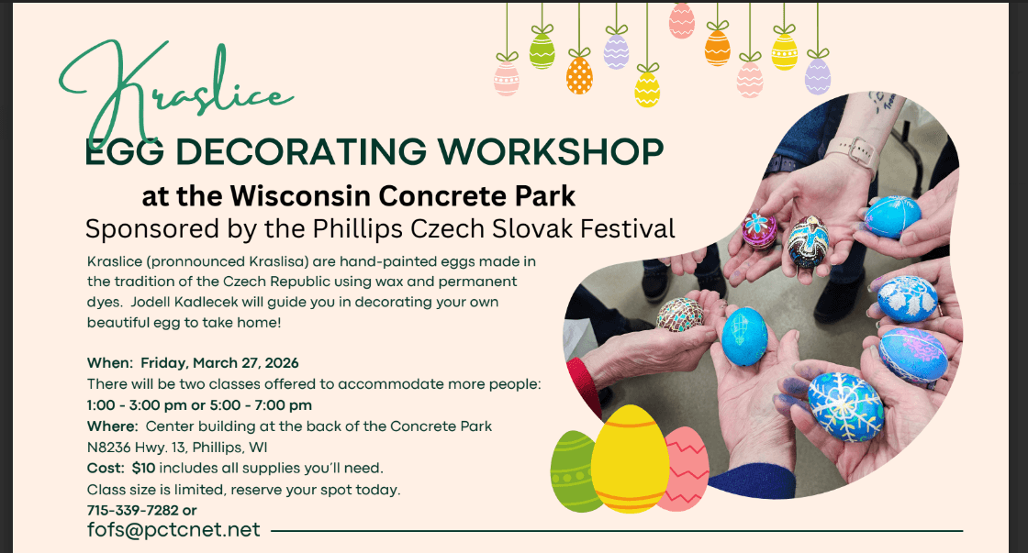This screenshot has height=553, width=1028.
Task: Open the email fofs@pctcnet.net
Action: tap(173, 530)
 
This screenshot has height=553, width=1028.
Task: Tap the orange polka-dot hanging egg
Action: tap(579, 75)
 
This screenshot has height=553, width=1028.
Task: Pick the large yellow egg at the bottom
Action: tap(629, 459)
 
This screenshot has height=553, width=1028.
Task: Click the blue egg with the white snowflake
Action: tap(844, 404)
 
